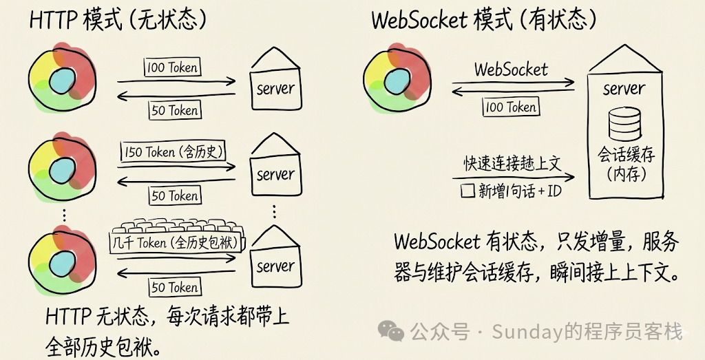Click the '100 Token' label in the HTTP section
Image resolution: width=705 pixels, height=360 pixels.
click(x=172, y=67)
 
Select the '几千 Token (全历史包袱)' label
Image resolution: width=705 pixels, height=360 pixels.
click(x=174, y=242)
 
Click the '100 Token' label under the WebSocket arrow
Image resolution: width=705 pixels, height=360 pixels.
click(x=511, y=107)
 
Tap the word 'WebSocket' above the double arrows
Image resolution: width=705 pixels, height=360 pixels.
click(x=511, y=69)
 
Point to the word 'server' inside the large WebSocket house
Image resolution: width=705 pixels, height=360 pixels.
click(x=624, y=89)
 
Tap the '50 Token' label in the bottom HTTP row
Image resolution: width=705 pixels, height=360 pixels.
click(x=174, y=287)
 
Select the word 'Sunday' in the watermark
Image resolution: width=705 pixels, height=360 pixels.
click(x=523, y=332)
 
